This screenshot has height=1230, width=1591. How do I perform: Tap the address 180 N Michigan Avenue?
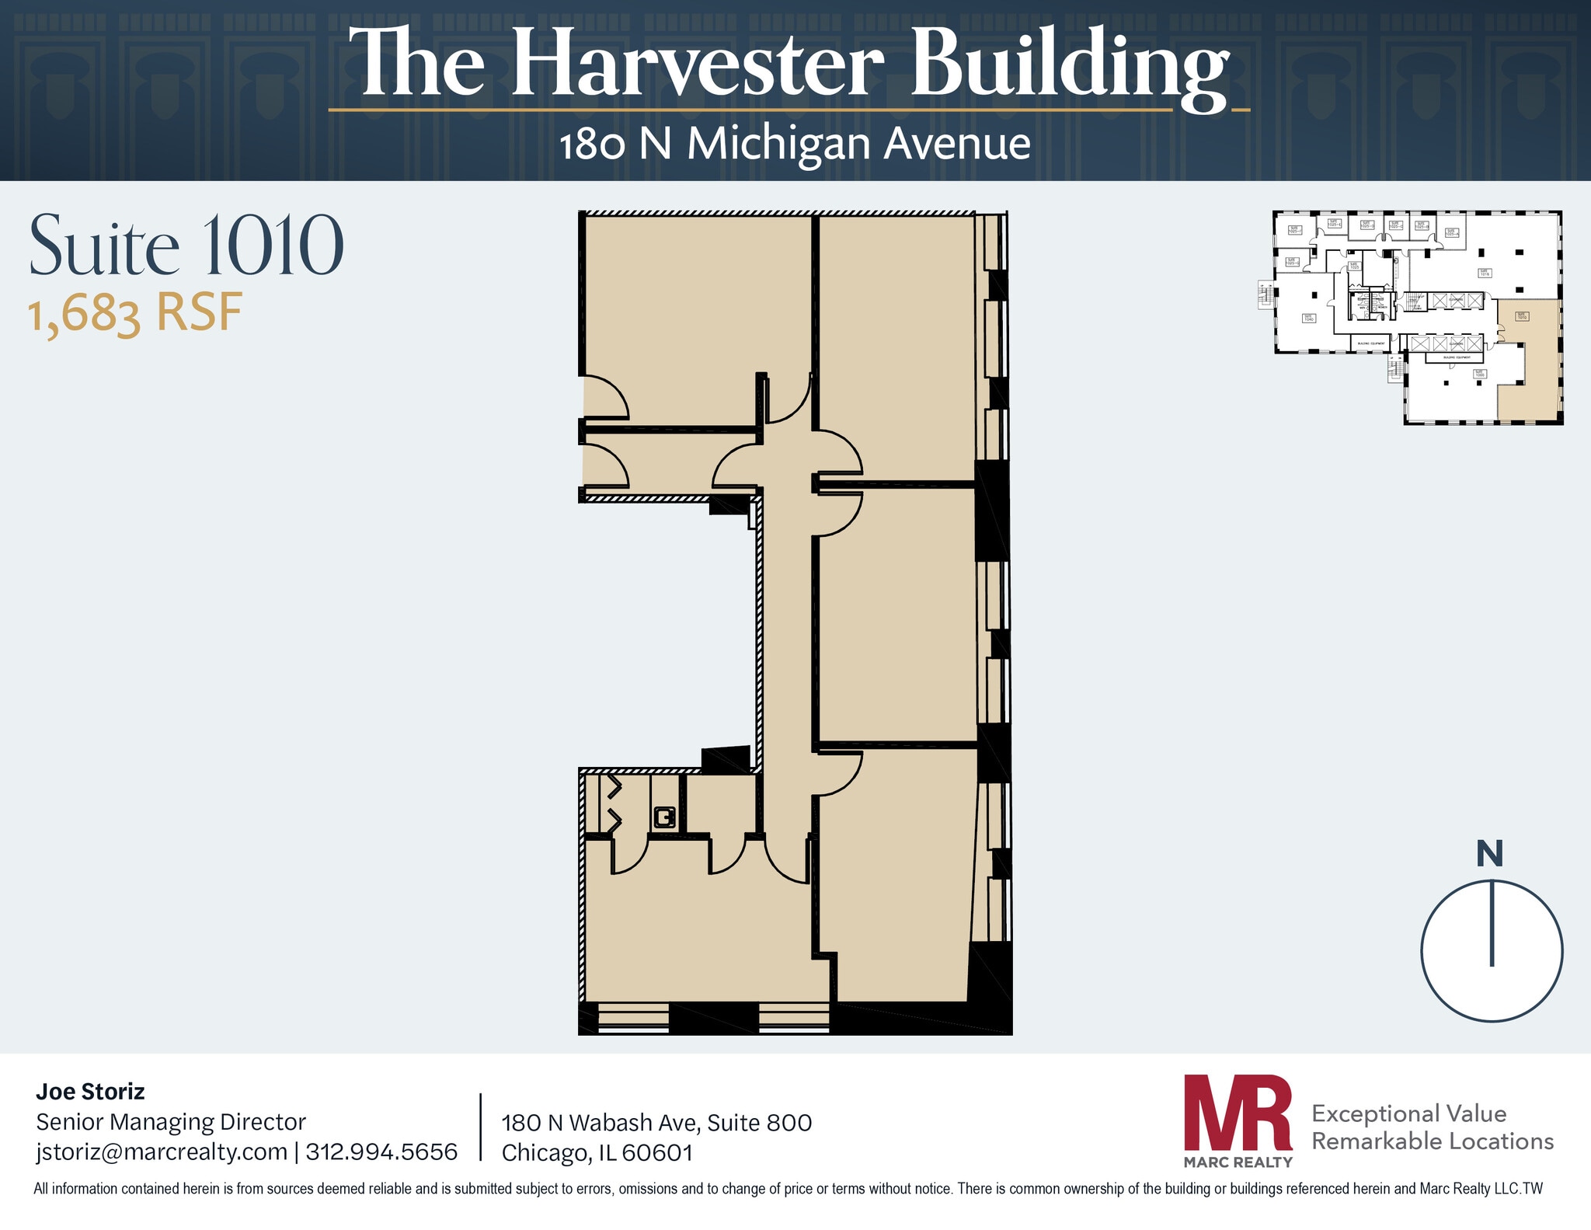tap(795, 145)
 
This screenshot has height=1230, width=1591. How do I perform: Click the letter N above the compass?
tap(1489, 854)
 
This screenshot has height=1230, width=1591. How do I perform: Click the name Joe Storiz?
tap(90, 1092)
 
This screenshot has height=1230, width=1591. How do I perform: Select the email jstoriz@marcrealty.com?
tap(162, 1151)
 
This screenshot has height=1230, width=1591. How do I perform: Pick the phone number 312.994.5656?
tap(381, 1151)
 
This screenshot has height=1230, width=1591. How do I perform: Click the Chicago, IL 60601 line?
tap(597, 1152)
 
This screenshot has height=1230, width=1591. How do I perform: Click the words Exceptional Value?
tap(1408, 1113)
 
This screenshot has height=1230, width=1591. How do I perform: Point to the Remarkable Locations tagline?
tap(1432, 1141)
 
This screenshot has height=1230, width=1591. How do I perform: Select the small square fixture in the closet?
tap(664, 817)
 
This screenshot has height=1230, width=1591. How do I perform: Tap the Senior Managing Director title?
tap(171, 1121)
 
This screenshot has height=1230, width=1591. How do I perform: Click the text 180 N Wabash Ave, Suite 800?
tap(656, 1123)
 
